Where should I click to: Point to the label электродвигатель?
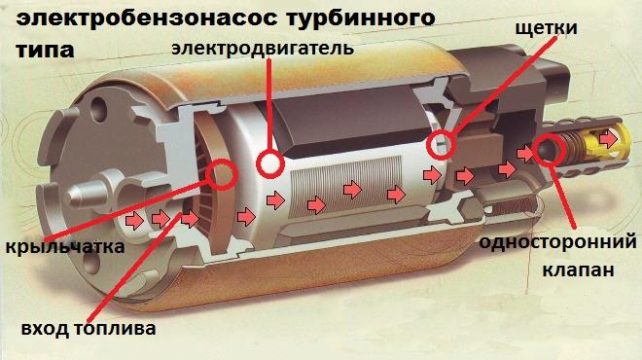click(x=262, y=47)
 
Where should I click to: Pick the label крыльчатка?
click(x=64, y=247)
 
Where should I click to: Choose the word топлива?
click(x=119, y=329)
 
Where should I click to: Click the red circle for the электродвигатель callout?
click(x=269, y=162)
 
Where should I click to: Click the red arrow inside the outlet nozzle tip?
click(x=608, y=140)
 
